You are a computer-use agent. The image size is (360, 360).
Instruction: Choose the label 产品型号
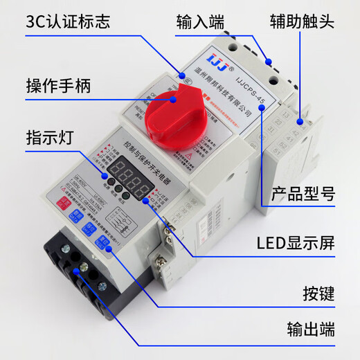[305, 195]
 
